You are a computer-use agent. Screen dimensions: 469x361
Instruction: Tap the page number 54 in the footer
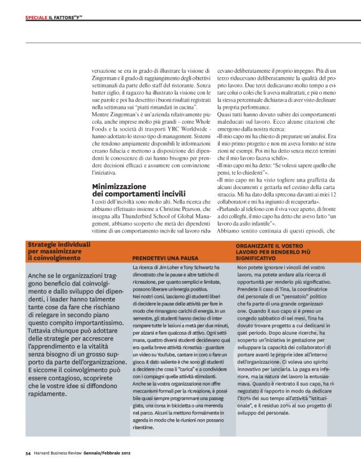29,452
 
